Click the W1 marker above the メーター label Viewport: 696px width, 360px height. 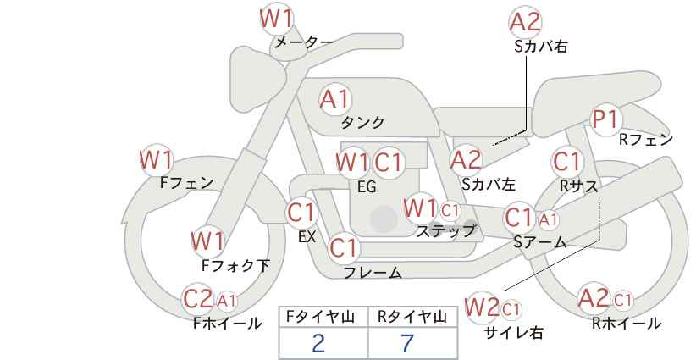[277, 19]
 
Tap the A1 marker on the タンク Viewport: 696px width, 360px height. [335, 100]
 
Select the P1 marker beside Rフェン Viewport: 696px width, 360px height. [605, 119]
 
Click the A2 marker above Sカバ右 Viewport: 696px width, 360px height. [526, 22]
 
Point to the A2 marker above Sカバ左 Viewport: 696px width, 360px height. [466, 160]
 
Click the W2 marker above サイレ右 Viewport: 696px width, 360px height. [482, 307]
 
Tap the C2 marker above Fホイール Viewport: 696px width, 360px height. [198, 299]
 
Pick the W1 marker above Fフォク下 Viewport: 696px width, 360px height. [207, 241]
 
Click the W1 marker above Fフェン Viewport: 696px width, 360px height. [157, 160]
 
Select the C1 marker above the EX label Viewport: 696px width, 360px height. [301, 213]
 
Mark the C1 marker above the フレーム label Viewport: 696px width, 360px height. [344, 247]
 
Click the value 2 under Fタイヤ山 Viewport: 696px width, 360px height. [318, 343]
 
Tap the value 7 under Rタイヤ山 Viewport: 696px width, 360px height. [407, 343]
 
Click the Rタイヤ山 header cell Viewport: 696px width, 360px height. [413, 317]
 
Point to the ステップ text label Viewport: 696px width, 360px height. [445, 231]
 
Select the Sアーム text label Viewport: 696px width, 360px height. [539, 241]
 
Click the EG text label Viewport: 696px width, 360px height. [367, 187]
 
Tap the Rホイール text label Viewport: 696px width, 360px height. [627, 324]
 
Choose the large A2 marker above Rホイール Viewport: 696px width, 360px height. [594, 298]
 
